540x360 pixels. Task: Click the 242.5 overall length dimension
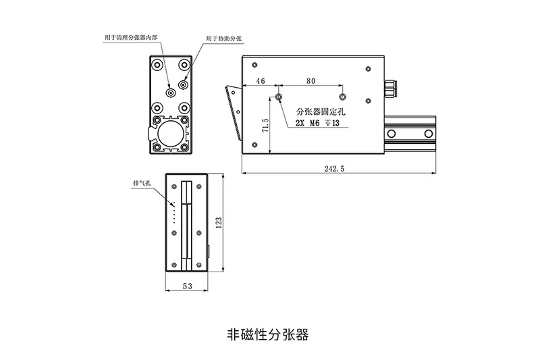point(334,170)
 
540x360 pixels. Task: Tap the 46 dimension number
point(260,81)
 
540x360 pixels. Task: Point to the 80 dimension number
point(310,81)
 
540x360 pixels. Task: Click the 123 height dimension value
point(218,222)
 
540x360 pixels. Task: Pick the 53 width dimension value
point(187,286)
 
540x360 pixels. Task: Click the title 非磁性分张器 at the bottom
point(268,334)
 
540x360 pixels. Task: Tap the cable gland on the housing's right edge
point(389,87)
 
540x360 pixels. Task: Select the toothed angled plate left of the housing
point(233,111)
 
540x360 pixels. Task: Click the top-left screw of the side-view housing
point(254,65)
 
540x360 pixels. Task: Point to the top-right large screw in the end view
point(183,65)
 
